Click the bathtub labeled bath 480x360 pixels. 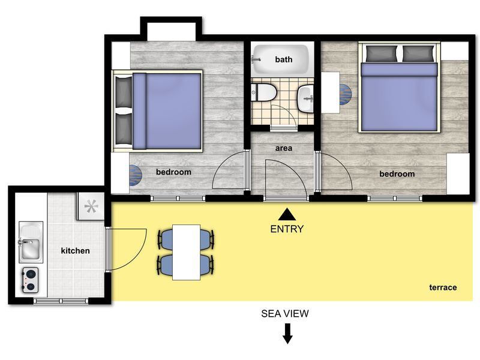click(x=280, y=59)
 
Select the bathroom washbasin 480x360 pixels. click(x=305, y=99)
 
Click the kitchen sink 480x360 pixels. click(x=31, y=242)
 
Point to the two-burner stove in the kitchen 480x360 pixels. click(x=31, y=280)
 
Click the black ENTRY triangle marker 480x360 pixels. click(x=287, y=214)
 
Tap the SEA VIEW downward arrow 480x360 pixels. click(x=287, y=334)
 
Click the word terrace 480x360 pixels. click(x=443, y=287)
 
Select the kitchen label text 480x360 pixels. click(x=76, y=251)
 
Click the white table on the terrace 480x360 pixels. click(x=187, y=252)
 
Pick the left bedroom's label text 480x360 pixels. click(x=173, y=172)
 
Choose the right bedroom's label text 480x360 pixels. click(x=397, y=174)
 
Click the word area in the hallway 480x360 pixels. click(x=283, y=148)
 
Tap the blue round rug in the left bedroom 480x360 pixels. click(x=136, y=176)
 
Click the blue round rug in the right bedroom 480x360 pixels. click(x=346, y=94)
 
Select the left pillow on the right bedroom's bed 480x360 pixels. click(x=382, y=53)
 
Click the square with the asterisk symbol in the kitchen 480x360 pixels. click(x=91, y=206)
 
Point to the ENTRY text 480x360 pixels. click(x=287, y=229)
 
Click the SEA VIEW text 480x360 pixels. click(x=285, y=313)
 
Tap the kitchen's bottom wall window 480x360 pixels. click(x=61, y=301)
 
